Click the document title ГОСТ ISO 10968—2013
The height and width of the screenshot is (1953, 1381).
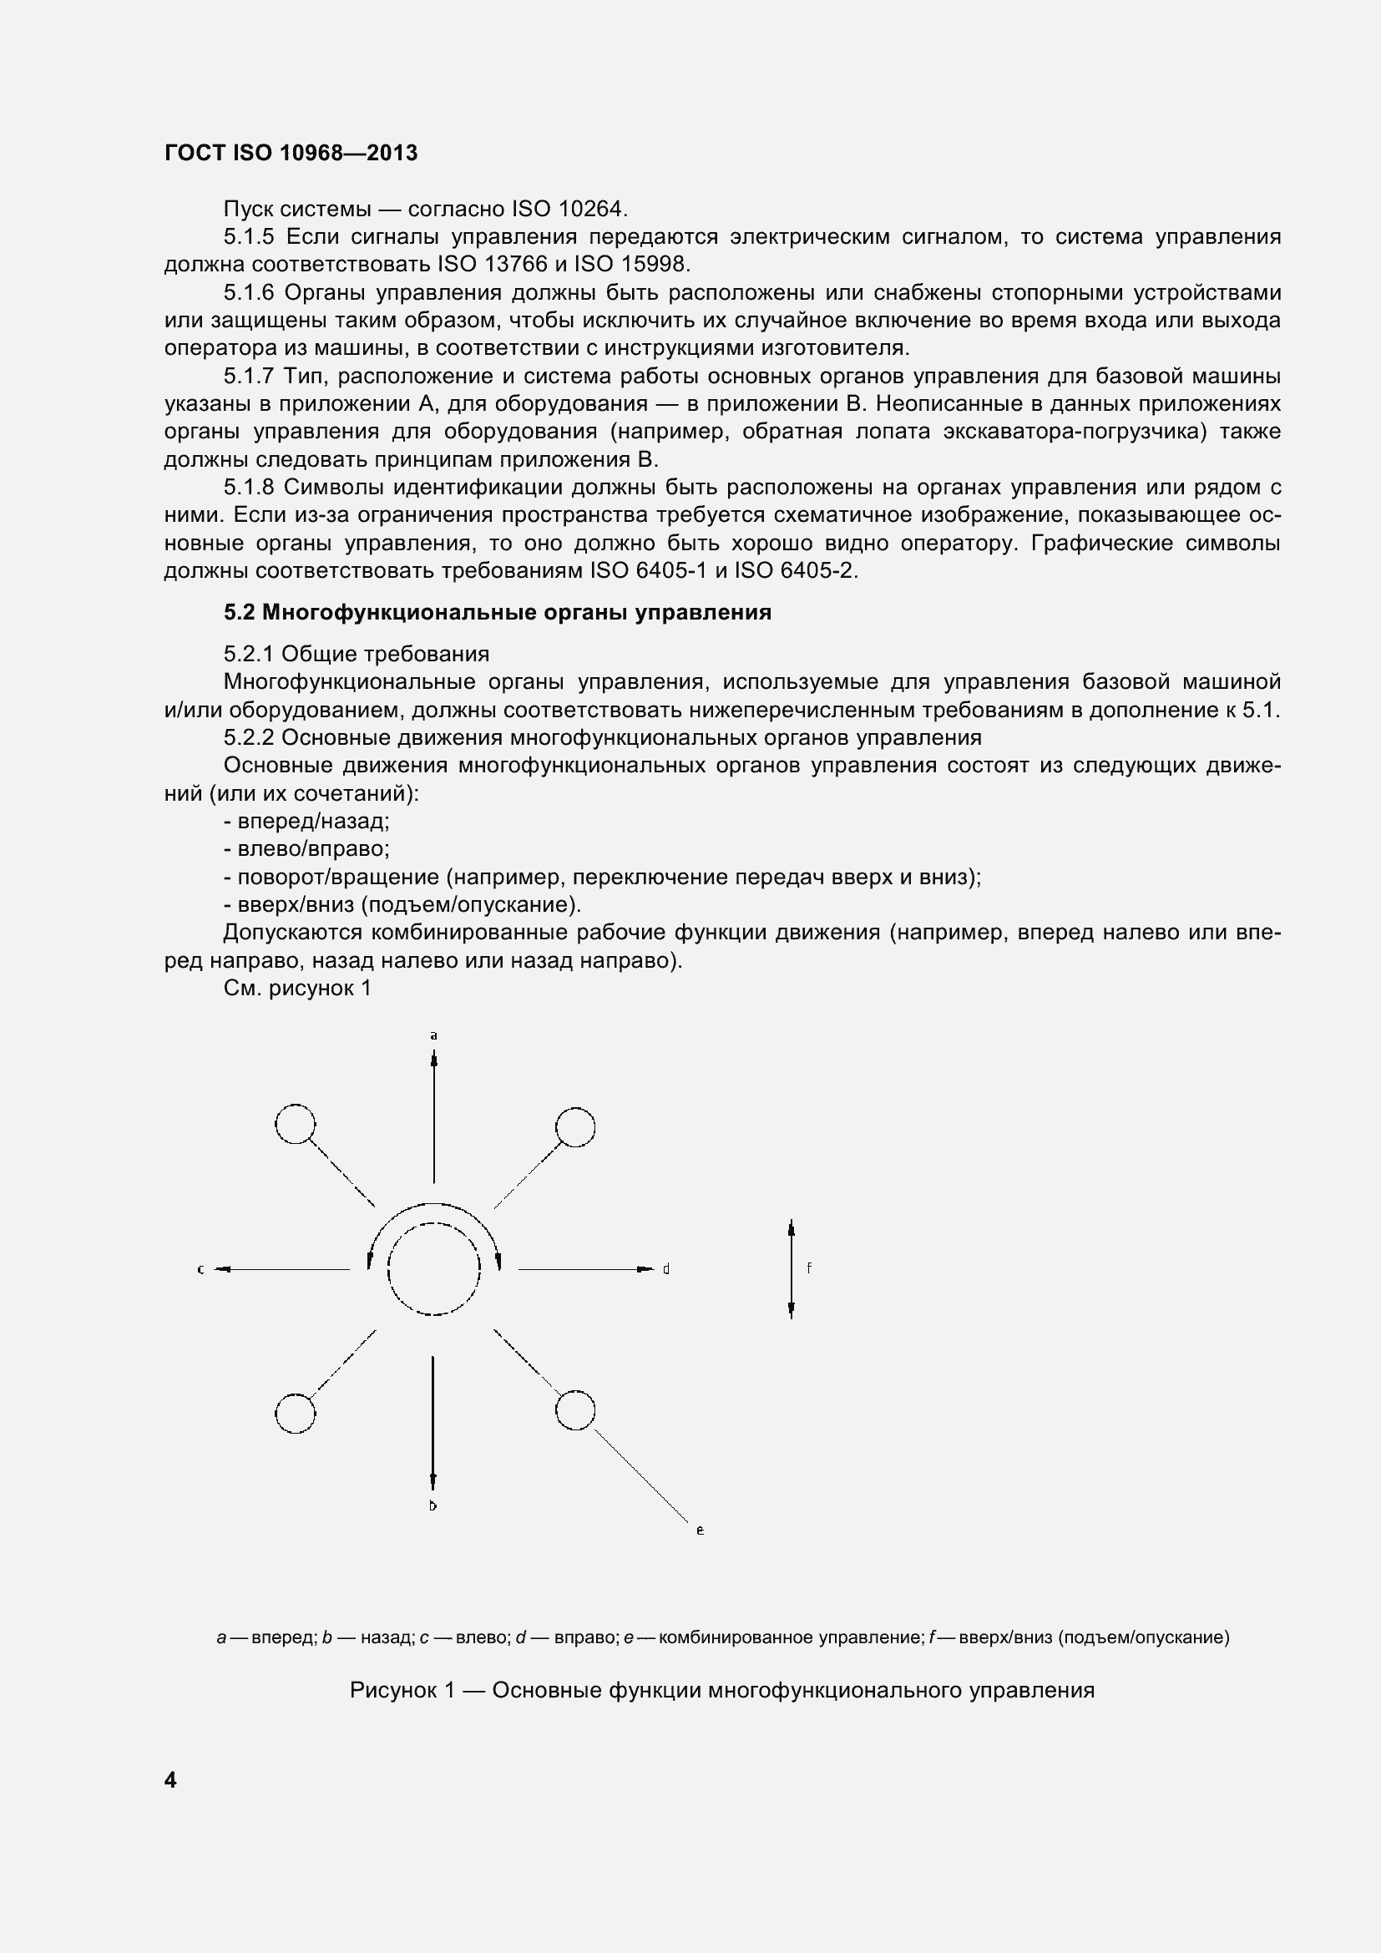coord(291,153)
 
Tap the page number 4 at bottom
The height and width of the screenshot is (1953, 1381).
coord(170,1780)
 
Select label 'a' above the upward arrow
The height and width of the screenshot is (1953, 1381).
coord(433,1036)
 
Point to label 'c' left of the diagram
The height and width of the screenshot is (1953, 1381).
coord(200,1269)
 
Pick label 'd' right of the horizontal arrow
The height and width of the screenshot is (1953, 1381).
coord(666,1269)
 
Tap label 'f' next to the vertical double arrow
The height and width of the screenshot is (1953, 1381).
coord(809,1268)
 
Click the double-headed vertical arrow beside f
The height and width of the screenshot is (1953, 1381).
coord(791,1268)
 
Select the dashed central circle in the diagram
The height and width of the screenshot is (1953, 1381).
coord(433,1269)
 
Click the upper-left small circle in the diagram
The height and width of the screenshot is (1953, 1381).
coord(295,1125)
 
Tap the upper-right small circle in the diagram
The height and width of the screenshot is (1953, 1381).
coord(574,1128)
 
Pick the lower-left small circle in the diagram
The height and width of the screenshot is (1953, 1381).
coord(295,1414)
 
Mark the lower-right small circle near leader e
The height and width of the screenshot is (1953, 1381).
coord(574,1410)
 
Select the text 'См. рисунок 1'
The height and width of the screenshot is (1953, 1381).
coord(296,989)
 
